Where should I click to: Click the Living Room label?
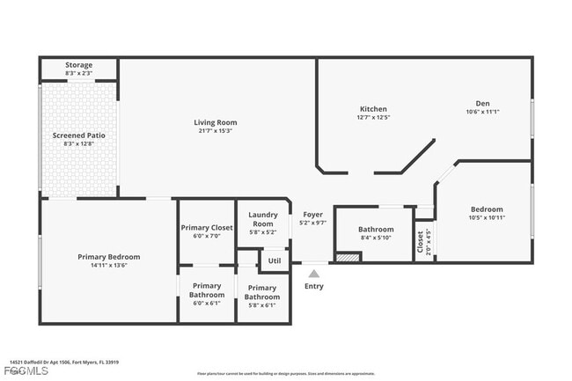click(x=216, y=122)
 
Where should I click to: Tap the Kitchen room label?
click(x=373, y=108)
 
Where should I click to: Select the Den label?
click(x=482, y=103)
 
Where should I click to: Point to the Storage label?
click(x=78, y=65)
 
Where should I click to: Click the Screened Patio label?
click(x=78, y=136)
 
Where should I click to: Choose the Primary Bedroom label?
click(x=108, y=257)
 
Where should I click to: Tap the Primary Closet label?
click(x=207, y=228)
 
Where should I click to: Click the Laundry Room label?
click(x=262, y=219)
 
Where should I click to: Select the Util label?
click(x=275, y=260)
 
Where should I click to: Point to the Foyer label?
click(x=313, y=215)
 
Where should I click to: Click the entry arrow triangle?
click(x=314, y=274)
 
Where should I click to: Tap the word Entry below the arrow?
click(x=314, y=286)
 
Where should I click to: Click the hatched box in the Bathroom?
click(x=348, y=258)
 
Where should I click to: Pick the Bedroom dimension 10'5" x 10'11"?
click(x=486, y=217)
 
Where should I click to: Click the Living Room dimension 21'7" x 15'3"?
click(x=216, y=130)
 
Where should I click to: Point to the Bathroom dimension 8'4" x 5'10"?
click(x=376, y=238)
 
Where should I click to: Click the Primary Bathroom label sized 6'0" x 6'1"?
click(x=207, y=289)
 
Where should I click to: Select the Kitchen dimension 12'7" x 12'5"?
click(x=373, y=116)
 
